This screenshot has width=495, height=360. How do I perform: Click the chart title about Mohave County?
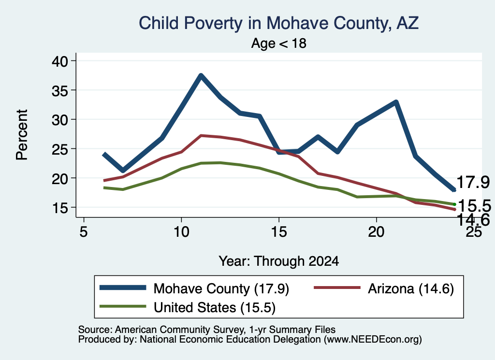279,23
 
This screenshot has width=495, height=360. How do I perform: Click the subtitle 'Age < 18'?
279,43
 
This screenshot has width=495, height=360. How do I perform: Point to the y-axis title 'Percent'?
22,135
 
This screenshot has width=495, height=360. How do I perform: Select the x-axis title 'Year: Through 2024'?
279,261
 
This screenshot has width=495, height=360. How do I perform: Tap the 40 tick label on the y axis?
60,61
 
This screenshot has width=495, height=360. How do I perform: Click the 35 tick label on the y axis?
60,90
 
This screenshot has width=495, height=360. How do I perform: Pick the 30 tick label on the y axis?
60,119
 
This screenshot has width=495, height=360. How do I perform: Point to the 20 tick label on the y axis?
60,178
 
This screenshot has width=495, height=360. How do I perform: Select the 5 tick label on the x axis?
83,232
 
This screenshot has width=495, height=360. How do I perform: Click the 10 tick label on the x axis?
181,232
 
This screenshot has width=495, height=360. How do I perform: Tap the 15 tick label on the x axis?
279,232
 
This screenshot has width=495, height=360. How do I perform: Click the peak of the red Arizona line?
201,135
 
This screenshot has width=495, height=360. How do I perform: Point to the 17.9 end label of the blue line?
473,182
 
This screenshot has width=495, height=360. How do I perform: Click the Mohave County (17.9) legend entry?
194,288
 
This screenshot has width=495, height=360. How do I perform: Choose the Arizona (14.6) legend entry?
384,288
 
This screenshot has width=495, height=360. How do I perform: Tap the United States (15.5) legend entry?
188,307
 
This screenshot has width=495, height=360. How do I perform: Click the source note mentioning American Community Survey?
207,330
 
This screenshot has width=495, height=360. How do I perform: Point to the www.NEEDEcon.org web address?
372,340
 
